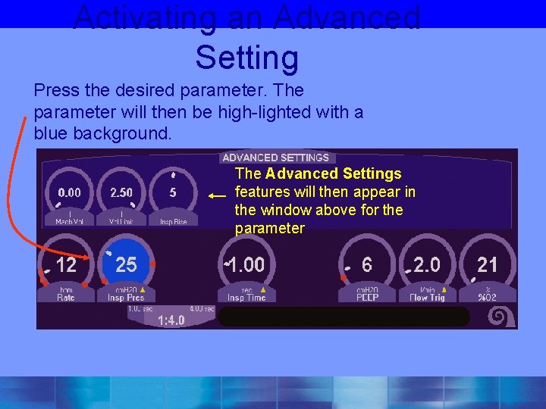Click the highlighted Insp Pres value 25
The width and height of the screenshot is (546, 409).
click(x=126, y=264)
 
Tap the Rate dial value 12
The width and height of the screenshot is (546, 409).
click(x=66, y=264)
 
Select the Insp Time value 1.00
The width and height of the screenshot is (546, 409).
click(x=247, y=264)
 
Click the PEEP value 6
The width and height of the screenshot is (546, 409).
click(x=367, y=264)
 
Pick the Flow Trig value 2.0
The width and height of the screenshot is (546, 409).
click(x=427, y=264)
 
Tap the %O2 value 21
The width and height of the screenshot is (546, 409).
click(x=488, y=264)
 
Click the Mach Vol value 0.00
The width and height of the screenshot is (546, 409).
click(x=69, y=192)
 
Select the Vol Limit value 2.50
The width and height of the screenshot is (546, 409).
click(x=121, y=192)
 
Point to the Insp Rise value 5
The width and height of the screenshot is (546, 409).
click(x=173, y=192)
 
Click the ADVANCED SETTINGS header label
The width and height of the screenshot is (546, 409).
click(x=275, y=158)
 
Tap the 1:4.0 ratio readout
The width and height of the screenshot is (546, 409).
click(x=171, y=320)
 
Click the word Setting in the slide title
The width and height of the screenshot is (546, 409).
click(x=247, y=58)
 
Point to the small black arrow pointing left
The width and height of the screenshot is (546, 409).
click(x=218, y=195)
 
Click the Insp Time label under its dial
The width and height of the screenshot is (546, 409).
click(x=246, y=298)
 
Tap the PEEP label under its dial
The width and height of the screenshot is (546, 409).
click(x=367, y=298)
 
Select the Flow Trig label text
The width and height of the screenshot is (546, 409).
click(x=427, y=298)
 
